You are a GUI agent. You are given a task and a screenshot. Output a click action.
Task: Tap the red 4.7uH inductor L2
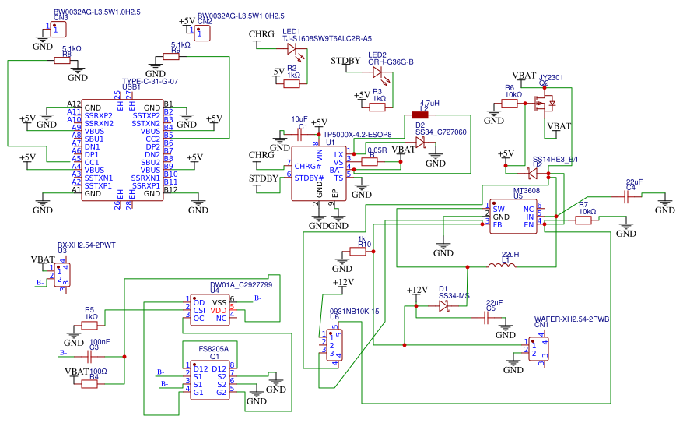(x=426, y=115)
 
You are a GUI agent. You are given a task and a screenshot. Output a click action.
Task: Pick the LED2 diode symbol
(x=377, y=72)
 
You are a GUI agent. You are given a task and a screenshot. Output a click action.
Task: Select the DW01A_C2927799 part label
(x=241, y=285)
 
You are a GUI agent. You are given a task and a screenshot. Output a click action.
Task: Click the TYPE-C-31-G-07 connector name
(x=150, y=81)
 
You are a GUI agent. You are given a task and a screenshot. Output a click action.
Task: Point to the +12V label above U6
(x=343, y=283)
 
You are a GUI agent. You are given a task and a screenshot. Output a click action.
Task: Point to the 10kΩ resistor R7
(x=583, y=220)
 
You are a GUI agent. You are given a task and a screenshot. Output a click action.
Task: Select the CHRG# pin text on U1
(x=309, y=166)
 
